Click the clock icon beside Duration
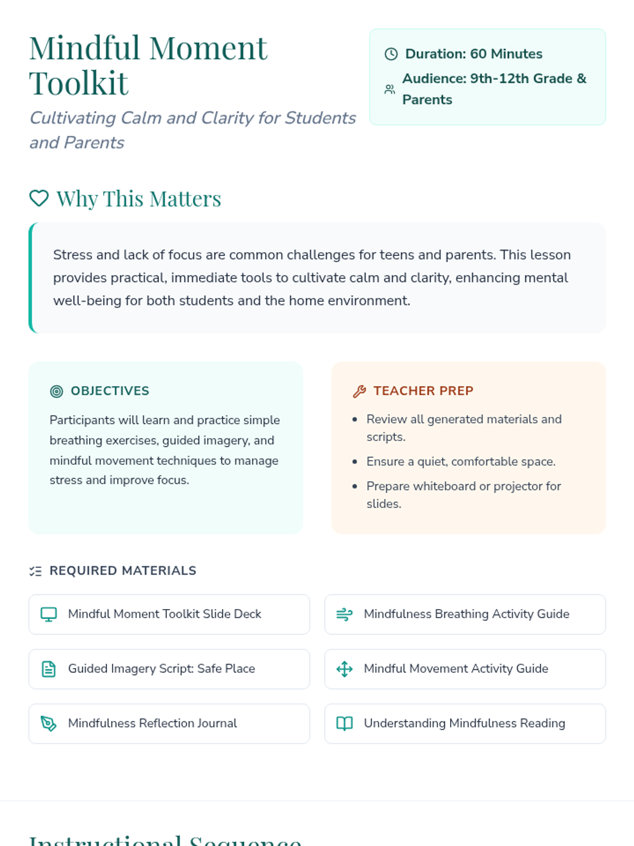(391, 54)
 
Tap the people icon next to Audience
(389, 89)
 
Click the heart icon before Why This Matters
(39, 199)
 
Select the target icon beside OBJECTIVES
(57, 391)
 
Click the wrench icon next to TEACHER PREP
(359, 391)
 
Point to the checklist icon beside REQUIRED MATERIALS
(35, 571)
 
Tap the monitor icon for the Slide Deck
(49, 614)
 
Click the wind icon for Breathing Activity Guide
(344, 614)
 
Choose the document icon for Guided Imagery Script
(49, 669)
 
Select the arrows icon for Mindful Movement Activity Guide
(344, 669)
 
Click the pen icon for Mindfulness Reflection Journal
(49, 723)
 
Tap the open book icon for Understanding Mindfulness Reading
(344, 723)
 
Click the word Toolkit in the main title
(79, 84)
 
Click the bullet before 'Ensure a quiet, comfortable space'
(355, 462)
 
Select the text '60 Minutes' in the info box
(506, 54)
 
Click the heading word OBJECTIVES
(110, 391)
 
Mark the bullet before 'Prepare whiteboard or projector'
(355, 486)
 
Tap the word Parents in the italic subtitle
(94, 143)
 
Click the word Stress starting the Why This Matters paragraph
(73, 255)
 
